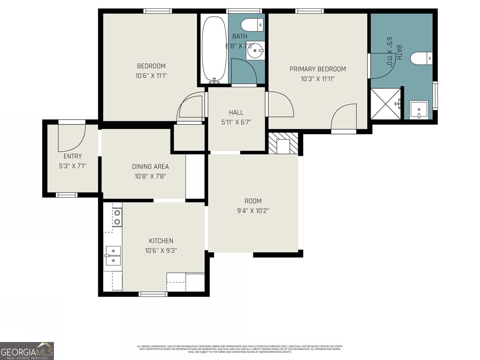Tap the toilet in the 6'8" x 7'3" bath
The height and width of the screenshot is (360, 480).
coord(252,25)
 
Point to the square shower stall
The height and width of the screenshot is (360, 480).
coord(386,103)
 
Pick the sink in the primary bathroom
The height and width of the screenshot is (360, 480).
coord(419,110)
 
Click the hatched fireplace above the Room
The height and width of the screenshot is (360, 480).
coord(283,143)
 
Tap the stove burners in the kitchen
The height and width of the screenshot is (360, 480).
coord(117,217)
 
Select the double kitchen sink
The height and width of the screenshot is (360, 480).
coord(113,256)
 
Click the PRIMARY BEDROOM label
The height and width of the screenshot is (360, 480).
coord(318,69)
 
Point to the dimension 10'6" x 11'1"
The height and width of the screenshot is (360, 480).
coord(151,76)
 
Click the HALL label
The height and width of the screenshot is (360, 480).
coord(236,112)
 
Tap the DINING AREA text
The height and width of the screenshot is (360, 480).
coord(150,166)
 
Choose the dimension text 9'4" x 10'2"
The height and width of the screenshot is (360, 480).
coord(253,211)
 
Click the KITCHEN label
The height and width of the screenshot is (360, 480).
coord(161,241)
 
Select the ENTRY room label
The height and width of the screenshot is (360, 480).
coord(73,156)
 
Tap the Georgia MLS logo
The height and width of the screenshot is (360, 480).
coord(27,351)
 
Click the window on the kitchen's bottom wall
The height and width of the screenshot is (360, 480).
coord(153,294)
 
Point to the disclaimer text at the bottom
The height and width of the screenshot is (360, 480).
coord(240,349)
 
